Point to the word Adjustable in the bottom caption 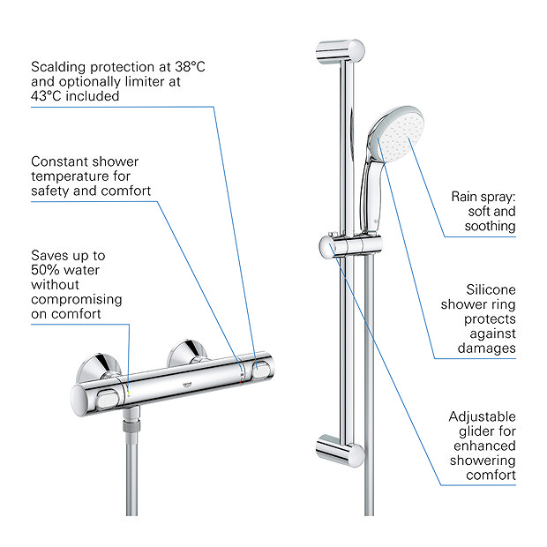pos(482,416)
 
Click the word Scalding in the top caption pos(60,66)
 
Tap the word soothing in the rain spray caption pos(490,227)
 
